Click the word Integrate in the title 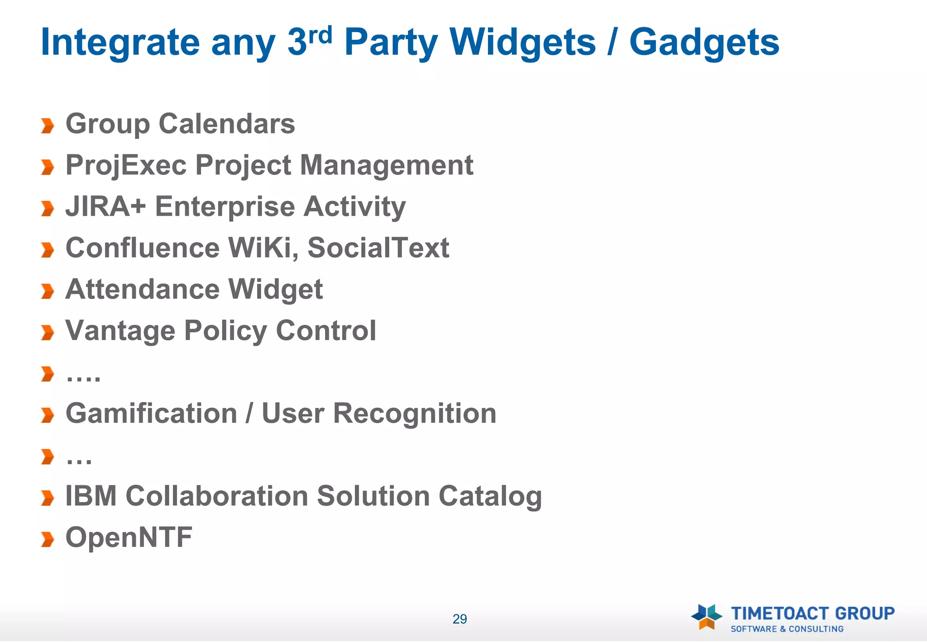tap(120, 42)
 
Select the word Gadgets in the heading tap(704, 42)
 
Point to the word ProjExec tap(126, 165)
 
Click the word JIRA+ tap(105, 206)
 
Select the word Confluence tap(143, 248)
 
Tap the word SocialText tap(378, 248)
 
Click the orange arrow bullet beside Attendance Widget tap(47, 291)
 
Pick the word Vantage tap(120, 331)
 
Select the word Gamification tap(151, 413)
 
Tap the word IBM tap(91, 496)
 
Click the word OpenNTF tap(129, 537)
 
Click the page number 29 tap(459, 619)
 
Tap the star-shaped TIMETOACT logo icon tap(706, 616)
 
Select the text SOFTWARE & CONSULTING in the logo tap(787, 629)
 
